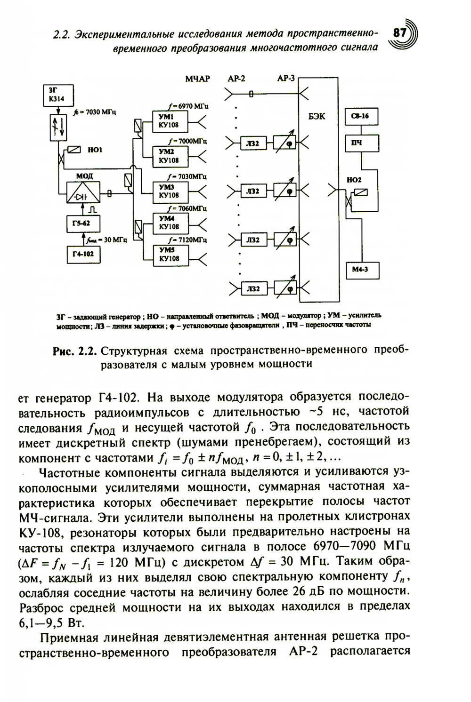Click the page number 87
pyautogui.click(x=399, y=34)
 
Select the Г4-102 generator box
pyautogui.click(x=83, y=255)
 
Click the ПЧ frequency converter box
pyautogui.click(x=362, y=143)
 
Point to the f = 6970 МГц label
pyautogui.click(x=188, y=106)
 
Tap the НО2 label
pyautogui.click(x=354, y=180)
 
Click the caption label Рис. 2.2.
pyautogui.click(x=75, y=351)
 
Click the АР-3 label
pyautogui.click(x=286, y=79)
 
